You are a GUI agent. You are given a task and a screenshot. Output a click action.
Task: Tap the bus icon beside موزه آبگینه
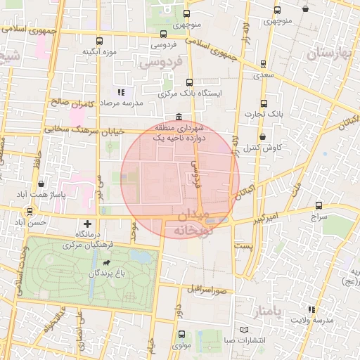99,41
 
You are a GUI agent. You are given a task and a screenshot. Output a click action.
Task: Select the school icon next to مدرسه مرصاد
121,92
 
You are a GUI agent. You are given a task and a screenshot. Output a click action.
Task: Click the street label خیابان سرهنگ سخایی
84,130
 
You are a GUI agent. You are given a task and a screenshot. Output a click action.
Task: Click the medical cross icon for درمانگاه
87,223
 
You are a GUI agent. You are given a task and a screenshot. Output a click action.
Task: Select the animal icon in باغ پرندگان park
105,264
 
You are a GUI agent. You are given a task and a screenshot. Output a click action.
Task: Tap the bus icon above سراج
319,206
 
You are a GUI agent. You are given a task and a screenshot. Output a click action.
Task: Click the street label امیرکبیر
267,215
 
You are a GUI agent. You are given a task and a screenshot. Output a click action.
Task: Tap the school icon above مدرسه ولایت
311,309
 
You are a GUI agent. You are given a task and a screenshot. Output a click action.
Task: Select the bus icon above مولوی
182,334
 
